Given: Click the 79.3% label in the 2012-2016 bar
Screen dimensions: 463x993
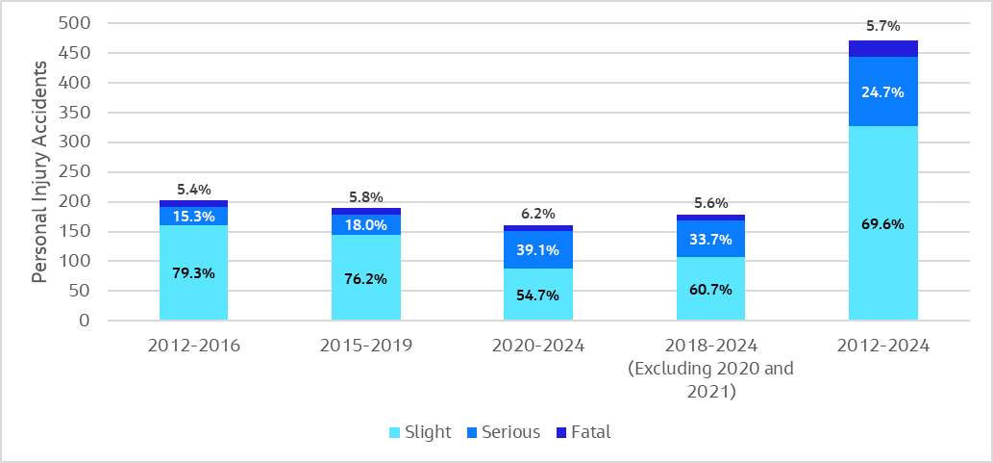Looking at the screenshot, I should pyautogui.click(x=193, y=273).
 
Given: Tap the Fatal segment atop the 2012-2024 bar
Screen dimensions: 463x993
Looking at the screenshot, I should pyautogui.click(x=882, y=48).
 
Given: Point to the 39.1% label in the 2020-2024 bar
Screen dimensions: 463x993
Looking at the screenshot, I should pyautogui.click(x=537, y=248).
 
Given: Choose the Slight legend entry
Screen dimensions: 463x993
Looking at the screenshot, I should pyautogui.click(x=418, y=432).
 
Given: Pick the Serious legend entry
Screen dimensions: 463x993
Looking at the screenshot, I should pyautogui.click(x=502, y=432).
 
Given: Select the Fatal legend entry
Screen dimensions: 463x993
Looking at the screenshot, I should pyautogui.click(x=583, y=432).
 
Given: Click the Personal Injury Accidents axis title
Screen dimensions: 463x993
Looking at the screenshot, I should pyautogui.click(x=39, y=171).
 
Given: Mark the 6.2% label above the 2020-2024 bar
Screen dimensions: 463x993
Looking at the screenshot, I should pyautogui.click(x=537, y=214).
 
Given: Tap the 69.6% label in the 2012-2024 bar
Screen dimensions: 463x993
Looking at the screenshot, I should pyautogui.click(x=882, y=224).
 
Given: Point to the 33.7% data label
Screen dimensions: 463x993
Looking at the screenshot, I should pyautogui.click(x=710, y=240).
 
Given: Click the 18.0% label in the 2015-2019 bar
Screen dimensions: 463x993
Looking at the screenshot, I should pyautogui.click(x=365, y=225).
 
